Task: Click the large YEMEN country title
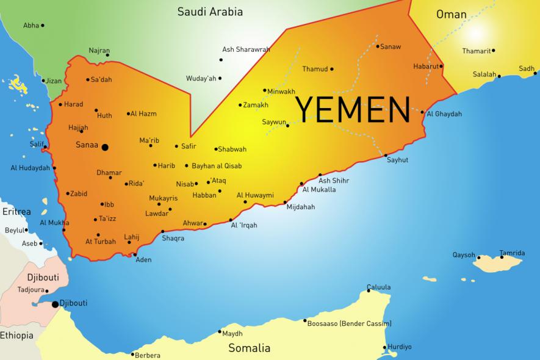click(352, 109)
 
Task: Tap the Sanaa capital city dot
click(105, 147)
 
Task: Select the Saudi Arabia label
click(210, 12)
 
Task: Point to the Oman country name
click(452, 14)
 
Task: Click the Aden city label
click(143, 259)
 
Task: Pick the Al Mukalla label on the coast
click(319, 189)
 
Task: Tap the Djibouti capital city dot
click(56, 304)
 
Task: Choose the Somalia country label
click(249, 348)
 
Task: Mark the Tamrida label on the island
click(512, 253)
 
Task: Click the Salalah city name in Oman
click(484, 74)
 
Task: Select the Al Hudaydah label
click(30, 168)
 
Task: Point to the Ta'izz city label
click(107, 219)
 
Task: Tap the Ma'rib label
click(149, 140)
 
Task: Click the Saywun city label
click(274, 122)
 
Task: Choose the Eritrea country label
click(16, 212)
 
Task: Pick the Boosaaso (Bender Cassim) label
click(349, 323)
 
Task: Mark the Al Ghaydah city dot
click(422, 112)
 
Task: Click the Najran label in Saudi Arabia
click(99, 51)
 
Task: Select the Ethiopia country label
click(16, 336)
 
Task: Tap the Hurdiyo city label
click(400, 347)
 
